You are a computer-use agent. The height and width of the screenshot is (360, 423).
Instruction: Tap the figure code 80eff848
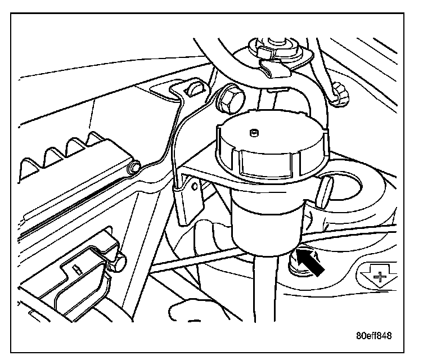point(373,336)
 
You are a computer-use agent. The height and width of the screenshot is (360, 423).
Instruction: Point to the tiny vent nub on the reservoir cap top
point(253,133)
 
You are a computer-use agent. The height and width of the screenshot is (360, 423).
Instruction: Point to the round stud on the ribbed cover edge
point(134,168)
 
